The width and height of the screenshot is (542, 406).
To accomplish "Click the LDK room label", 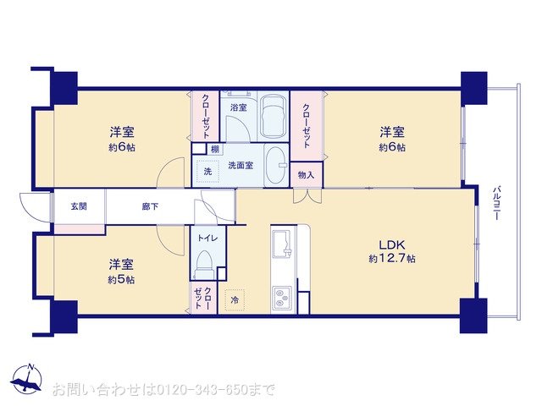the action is [x=392, y=244].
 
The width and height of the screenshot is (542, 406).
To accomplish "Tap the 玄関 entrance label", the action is [x=79, y=206].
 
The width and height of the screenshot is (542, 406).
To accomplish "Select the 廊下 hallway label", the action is [x=150, y=206].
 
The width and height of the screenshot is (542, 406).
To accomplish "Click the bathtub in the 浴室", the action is [x=273, y=117].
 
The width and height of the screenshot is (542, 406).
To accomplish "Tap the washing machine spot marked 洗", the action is [x=207, y=171].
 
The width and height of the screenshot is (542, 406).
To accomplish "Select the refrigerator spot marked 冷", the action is [x=235, y=299].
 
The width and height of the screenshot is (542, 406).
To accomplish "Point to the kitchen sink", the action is [x=281, y=244].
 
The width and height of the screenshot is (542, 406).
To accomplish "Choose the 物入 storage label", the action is [x=307, y=175].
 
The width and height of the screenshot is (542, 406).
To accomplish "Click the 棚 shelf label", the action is [x=215, y=150].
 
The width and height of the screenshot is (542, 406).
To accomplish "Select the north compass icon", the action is [x=26, y=379].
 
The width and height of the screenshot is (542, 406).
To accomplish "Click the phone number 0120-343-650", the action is [x=202, y=390].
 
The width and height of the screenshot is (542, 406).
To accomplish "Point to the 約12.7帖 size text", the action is [x=392, y=259].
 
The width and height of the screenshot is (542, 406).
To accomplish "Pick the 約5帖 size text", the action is [x=121, y=280].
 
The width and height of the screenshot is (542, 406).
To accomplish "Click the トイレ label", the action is [x=207, y=239].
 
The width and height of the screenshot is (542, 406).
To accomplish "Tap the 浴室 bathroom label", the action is [x=239, y=107].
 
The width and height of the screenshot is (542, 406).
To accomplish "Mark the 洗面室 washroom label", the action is [x=241, y=166].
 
